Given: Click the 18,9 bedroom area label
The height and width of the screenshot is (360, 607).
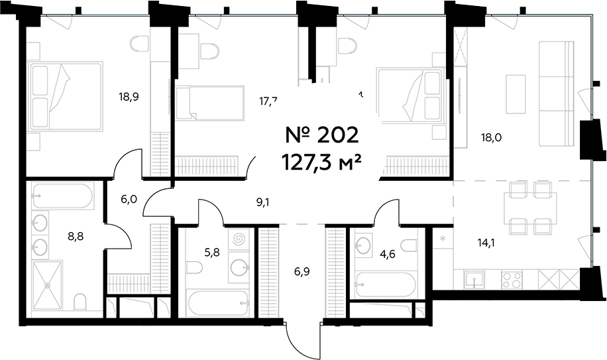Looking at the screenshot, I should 129,95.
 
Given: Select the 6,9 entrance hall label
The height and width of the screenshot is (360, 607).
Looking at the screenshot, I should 302,272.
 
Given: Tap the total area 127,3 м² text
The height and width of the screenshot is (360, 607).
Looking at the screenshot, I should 323,161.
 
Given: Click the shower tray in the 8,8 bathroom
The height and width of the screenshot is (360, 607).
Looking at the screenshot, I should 47,284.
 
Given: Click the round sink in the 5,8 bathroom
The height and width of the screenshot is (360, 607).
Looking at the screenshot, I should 239,267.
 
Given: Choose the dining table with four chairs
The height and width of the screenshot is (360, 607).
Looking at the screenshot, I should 533,207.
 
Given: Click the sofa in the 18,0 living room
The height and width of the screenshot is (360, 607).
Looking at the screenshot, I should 555,93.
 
